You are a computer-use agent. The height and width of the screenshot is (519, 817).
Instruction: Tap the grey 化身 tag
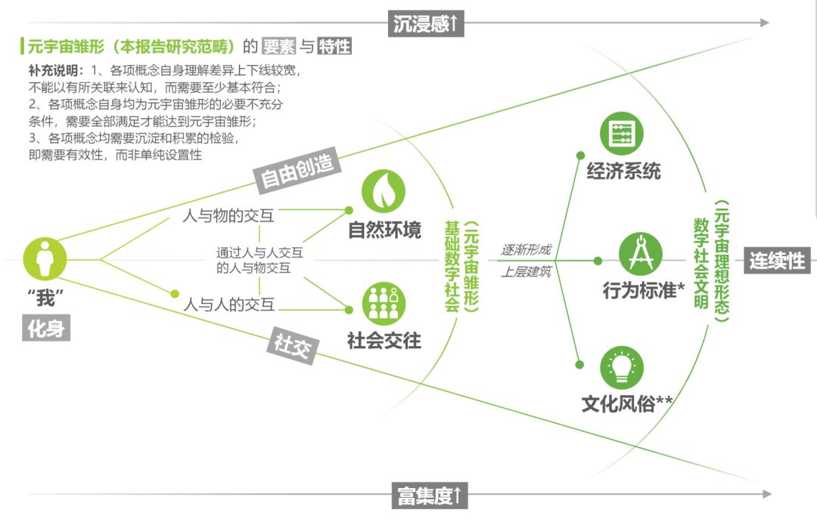click(45, 329)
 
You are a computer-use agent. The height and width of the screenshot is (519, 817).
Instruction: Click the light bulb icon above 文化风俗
click(622, 368)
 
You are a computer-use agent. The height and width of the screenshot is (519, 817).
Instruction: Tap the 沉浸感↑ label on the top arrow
click(426, 23)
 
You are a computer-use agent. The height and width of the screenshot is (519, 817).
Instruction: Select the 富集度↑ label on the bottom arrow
click(429, 496)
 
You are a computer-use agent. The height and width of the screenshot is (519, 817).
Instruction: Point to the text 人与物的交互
click(228, 215)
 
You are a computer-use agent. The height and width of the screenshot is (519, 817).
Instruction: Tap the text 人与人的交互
click(228, 305)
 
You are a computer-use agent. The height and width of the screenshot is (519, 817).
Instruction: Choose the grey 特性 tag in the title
click(334, 46)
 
